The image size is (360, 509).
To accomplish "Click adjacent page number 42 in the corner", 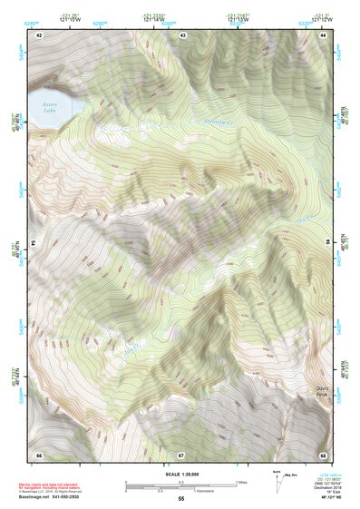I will pos(39,34).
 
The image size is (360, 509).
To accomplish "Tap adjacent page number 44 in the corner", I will pos(324,34).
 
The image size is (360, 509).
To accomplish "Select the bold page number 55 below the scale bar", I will pos(180,500).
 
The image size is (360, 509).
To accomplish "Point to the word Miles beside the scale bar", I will pos(241,482).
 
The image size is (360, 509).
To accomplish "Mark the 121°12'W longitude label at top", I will pos(323,17).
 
